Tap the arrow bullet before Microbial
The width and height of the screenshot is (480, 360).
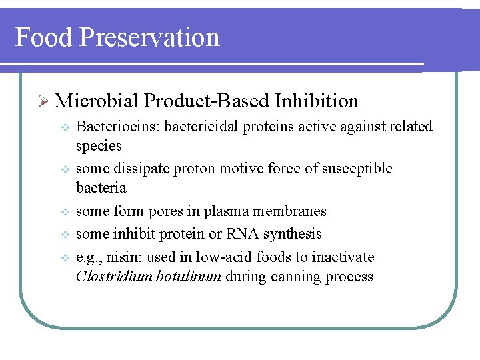coord(43,101)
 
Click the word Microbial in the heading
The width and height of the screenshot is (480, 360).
coord(97,101)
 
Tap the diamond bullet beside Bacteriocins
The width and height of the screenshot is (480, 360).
coord(64,127)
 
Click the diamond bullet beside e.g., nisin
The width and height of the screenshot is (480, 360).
coord(64,257)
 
